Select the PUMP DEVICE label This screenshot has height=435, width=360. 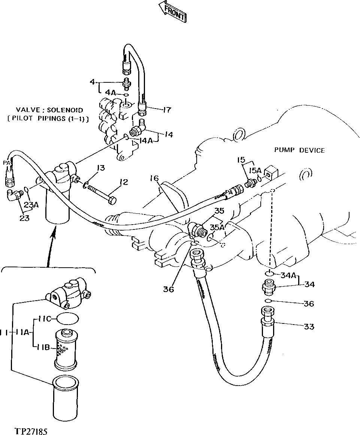click(299, 150)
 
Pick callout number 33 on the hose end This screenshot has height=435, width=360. click(309, 326)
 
